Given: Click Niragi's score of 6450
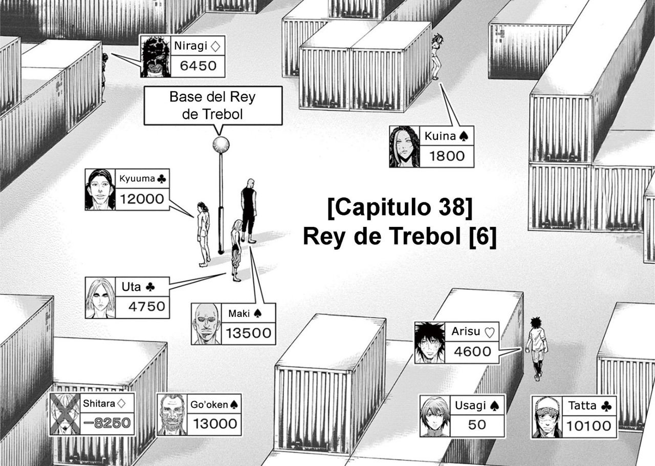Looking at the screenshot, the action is [x=198, y=66].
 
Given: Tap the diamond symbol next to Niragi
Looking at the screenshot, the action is [x=215, y=46].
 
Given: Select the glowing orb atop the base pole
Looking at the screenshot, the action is [x=221, y=144].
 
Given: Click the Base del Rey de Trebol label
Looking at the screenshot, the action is [x=212, y=105].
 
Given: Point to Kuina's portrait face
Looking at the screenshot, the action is [x=404, y=147].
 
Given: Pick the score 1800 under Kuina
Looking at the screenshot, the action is [x=447, y=156].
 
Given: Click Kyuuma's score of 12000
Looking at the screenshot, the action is [x=142, y=199].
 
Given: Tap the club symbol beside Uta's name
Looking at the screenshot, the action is [x=150, y=287].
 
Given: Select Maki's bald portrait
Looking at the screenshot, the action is [x=206, y=324].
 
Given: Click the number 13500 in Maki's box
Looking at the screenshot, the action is [x=249, y=333].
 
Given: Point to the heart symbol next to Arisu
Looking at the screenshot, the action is [x=490, y=332].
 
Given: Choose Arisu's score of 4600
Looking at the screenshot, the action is [x=472, y=352].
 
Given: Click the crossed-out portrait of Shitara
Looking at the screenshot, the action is [x=65, y=414].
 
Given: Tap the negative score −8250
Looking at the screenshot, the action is [x=107, y=423].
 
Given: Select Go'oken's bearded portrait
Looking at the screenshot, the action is [x=172, y=415].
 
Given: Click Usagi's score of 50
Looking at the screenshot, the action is [x=477, y=425].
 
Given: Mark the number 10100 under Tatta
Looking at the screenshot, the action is [x=589, y=426].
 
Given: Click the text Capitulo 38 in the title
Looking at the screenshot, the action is [x=400, y=207].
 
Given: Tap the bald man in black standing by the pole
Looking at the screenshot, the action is [x=249, y=211].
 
